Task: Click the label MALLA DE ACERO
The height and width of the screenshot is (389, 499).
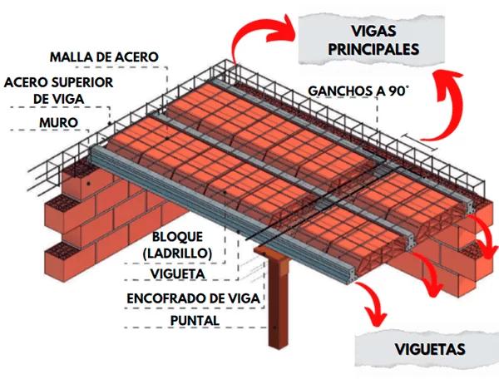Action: [x=104, y=57]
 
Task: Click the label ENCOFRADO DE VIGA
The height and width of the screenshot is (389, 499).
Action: [x=194, y=298]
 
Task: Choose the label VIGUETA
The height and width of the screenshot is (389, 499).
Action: [x=178, y=273]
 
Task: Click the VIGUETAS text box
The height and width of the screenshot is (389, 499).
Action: [x=418, y=350]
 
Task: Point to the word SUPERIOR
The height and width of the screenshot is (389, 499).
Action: [x=91, y=82]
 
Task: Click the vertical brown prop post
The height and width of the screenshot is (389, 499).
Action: [x=274, y=308]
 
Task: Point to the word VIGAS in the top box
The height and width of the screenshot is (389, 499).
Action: [x=360, y=31]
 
